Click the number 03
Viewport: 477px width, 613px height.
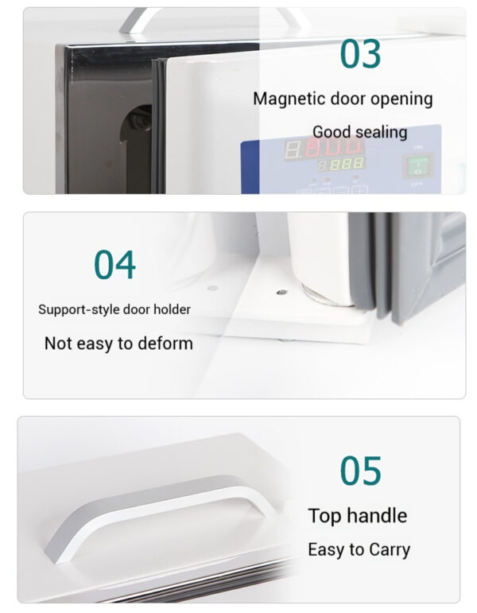point(360,53)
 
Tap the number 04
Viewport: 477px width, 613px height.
point(114,265)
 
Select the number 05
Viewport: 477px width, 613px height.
point(360,471)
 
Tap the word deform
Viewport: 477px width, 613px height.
point(165,343)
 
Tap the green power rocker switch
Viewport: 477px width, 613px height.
point(418,165)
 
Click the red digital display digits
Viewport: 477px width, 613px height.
point(334,147)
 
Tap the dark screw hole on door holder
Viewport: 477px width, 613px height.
point(281,292)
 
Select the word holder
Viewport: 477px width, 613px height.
point(172,309)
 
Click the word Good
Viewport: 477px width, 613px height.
point(332,132)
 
